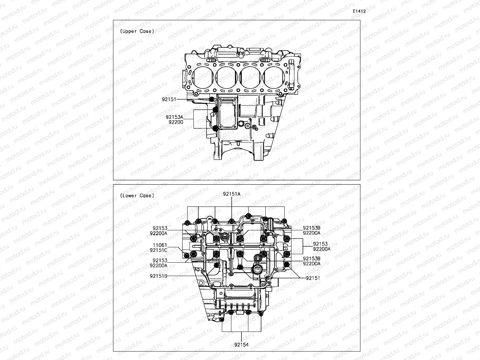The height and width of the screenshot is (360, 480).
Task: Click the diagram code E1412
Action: click(x=359, y=11)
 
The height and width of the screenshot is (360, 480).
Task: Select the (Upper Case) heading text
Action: click(x=137, y=31)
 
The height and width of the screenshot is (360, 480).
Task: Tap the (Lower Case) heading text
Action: click(x=137, y=196)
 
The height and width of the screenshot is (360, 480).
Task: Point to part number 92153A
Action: click(x=174, y=117)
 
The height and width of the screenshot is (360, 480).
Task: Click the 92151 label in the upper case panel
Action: click(x=169, y=99)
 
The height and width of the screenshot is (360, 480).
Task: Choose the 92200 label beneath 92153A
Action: click(x=176, y=122)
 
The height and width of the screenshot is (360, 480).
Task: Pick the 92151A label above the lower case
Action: click(x=232, y=194)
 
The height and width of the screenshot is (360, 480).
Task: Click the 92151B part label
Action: click(x=158, y=276)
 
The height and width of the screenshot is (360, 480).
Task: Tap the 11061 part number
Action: click(x=160, y=245)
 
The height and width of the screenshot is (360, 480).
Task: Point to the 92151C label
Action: click(x=158, y=250)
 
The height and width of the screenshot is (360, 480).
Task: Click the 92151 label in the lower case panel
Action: click(x=313, y=278)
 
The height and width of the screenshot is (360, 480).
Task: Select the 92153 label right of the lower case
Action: click(x=320, y=244)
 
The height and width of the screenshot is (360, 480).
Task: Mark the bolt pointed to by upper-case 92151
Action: click(x=211, y=99)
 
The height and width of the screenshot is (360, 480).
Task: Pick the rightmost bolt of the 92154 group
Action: click(x=261, y=314)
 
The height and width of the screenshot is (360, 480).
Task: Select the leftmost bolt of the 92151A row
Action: click(x=188, y=223)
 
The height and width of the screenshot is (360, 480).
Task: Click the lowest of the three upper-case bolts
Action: click(x=215, y=128)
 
